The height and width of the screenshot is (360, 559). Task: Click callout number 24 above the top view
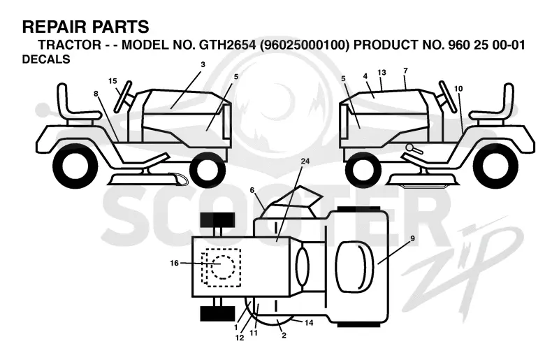(x=305, y=161)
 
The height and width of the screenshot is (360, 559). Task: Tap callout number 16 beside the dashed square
(x=174, y=264)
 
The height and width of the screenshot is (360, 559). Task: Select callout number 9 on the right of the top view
(x=412, y=238)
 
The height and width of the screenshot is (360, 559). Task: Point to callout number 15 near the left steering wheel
(x=112, y=81)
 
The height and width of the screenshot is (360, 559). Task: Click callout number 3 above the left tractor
(x=203, y=64)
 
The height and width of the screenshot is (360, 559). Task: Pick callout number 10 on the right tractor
(x=458, y=89)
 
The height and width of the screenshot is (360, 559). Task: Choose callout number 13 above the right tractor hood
(x=382, y=73)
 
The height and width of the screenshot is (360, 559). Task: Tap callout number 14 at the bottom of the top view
(x=309, y=322)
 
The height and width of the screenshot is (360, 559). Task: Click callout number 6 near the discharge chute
(x=252, y=191)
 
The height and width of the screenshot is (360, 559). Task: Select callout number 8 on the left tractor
(x=96, y=94)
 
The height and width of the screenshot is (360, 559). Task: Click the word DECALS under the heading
(x=46, y=59)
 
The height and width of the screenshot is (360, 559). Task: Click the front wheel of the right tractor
(x=363, y=170)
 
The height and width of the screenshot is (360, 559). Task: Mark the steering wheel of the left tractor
(x=122, y=96)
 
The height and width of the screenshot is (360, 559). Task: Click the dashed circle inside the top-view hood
(x=223, y=267)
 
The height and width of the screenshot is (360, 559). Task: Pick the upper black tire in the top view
(x=217, y=219)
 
